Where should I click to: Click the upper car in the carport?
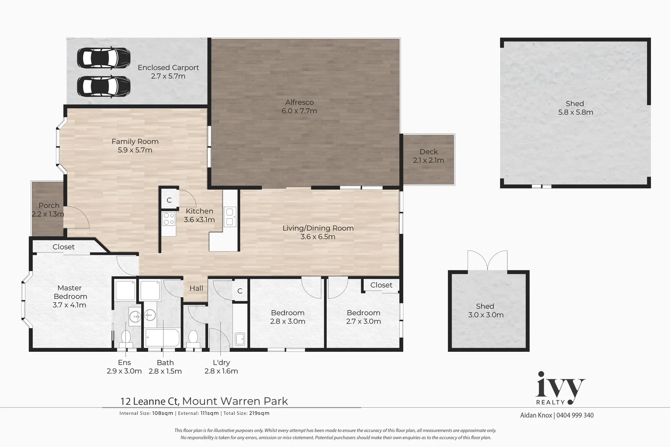point(104,58)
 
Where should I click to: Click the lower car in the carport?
point(104,86)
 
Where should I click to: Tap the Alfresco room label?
point(299,102)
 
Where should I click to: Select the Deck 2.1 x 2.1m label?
point(429,156)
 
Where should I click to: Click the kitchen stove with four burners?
point(169,219)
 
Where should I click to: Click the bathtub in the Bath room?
point(162,339)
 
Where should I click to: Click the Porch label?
point(49,205)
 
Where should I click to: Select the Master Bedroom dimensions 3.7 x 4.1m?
point(70,305)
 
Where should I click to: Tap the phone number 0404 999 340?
point(575,415)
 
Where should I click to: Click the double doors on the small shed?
point(487,261)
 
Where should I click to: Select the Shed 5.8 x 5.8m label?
point(575,108)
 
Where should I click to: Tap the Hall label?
point(196,288)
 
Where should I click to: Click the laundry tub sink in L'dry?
point(240,339)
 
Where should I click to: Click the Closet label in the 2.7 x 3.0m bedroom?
point(381,285)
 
